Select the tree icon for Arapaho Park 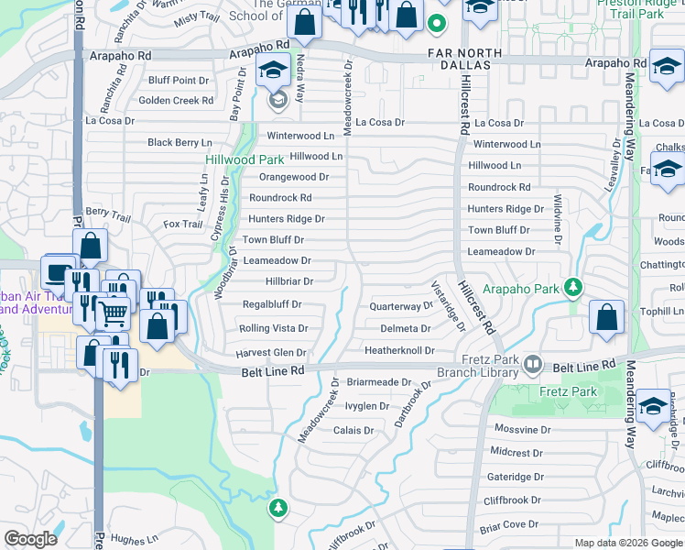point(573,288)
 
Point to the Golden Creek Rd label point(176,101)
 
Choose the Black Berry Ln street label point(179,143)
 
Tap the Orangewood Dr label point(294,177)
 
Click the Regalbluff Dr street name point(272,304)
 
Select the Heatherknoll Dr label point(398,351)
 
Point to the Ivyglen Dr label point(367,406)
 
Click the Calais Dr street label point(353,430)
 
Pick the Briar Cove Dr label point(509,524)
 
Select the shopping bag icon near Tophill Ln point(606,317)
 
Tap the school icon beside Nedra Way point(272,71)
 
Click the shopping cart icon point(113,313)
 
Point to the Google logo point(30,539)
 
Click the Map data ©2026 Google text point(626,543)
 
